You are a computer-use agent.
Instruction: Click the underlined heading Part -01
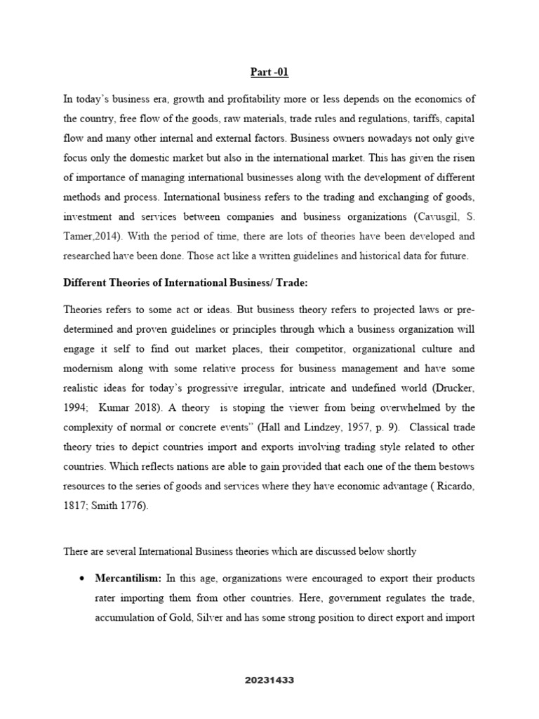pos(269,72)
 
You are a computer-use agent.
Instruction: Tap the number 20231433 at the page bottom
pos(269,680)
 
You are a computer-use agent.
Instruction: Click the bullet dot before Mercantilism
pos(83,579)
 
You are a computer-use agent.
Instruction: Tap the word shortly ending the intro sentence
pos(399,551)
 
